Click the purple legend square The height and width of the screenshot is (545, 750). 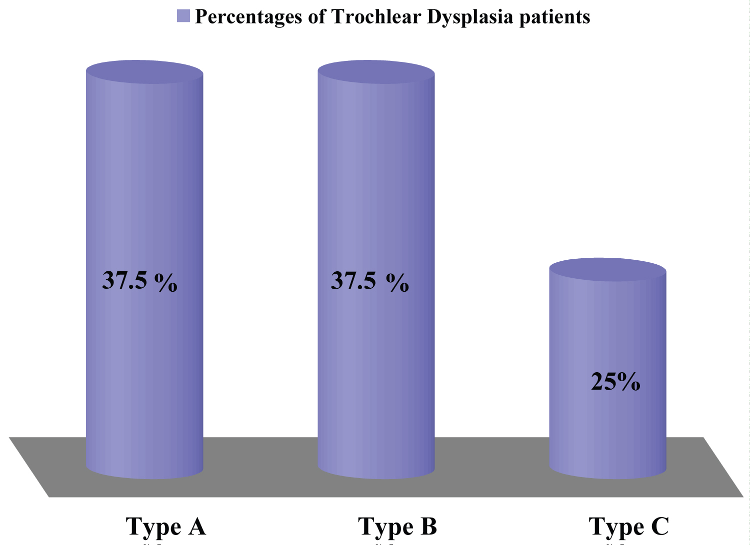tap(183, 16)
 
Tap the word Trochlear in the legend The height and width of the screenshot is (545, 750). tap(376, 17)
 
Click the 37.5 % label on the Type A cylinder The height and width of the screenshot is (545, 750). tap(139, 281)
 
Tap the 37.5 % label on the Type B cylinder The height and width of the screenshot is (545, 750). tap(369, 281)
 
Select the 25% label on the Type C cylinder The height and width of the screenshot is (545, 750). tap(615, 382)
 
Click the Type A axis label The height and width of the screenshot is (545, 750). tap(165, 527)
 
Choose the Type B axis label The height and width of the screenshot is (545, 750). tap(397, 527)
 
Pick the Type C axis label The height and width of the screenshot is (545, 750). tap(628, 527)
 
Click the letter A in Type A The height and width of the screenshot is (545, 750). tap(196, 526)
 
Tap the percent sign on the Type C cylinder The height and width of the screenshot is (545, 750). tap(628, 382)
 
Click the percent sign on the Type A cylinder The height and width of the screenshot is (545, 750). tap(166, 282)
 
